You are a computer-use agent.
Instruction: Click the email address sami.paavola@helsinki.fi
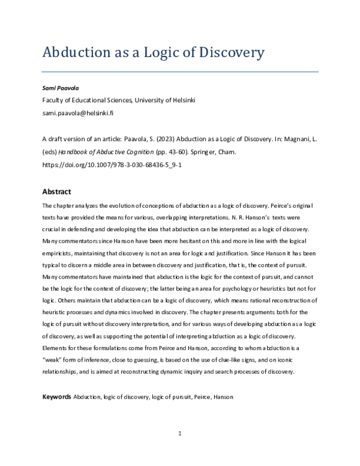coord(78,112)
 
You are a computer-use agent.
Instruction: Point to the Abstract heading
coord(56,192)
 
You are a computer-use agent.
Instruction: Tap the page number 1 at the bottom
coord(179,434)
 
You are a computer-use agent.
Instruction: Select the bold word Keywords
coord(56,398)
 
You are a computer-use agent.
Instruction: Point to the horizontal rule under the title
coord(179,72)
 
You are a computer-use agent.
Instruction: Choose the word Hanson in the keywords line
coord(220,398)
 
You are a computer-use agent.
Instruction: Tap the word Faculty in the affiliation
coord(53,100)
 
